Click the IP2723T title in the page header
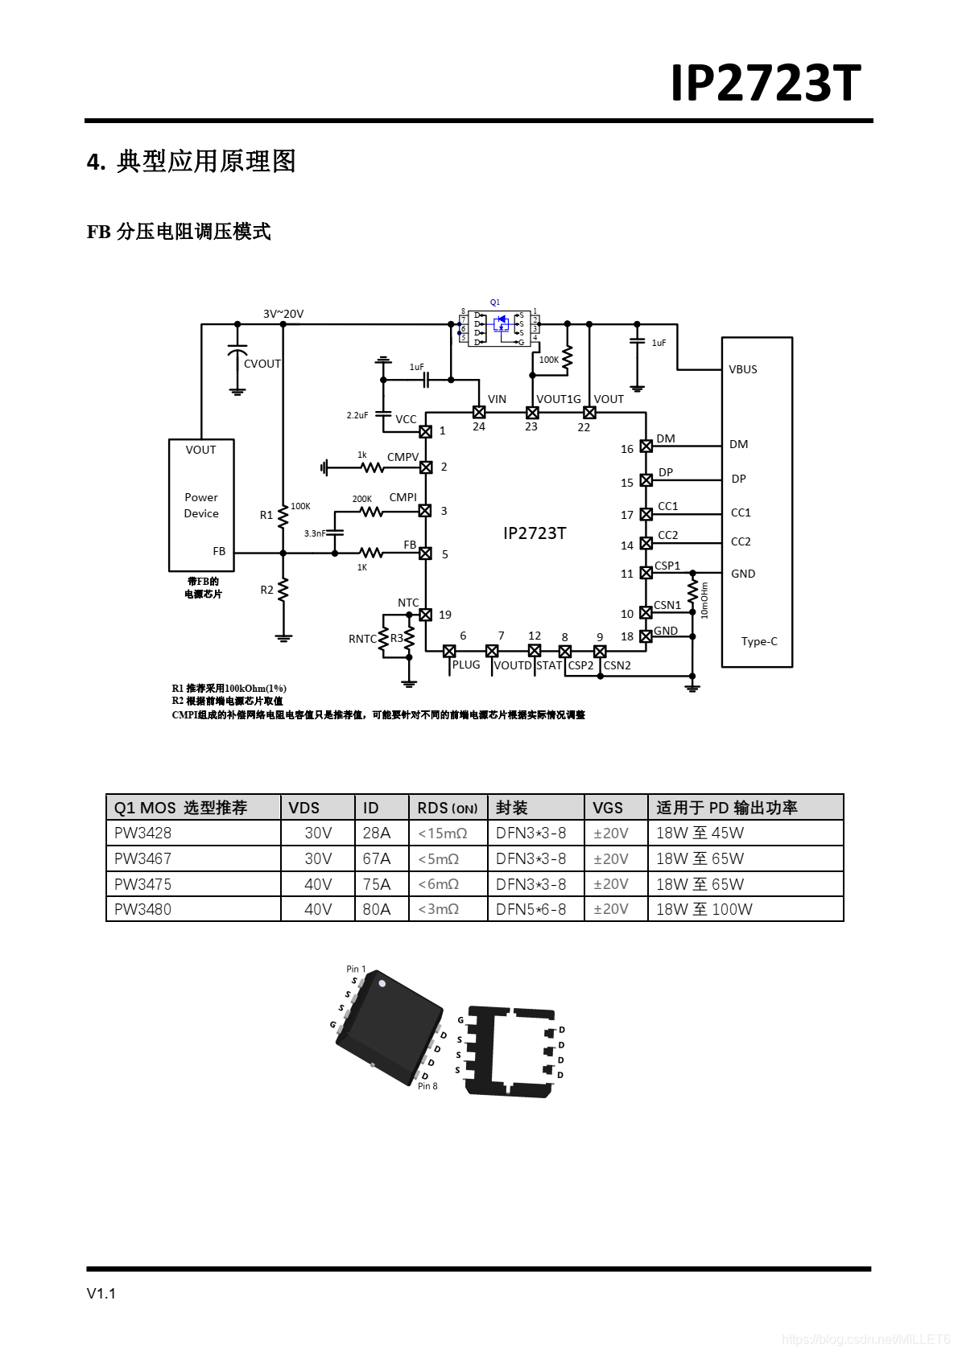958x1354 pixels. coord(765,83)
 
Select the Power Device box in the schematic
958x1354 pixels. coord(201,504)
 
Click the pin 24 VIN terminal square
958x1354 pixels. coord(479,412)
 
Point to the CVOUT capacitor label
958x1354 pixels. coord(262,364)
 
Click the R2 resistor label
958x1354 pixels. coord(266,590)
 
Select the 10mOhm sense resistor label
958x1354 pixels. coord(704,600)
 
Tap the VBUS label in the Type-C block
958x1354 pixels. coord(743,369)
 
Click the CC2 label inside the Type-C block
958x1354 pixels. coord(741,541)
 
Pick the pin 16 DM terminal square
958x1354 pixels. coord(646,447)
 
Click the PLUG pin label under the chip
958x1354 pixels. coord(466,665)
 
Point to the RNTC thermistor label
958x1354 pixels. coord(361,639)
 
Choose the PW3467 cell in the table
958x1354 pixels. coord(143,858)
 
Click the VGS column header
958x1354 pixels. coord(608,808)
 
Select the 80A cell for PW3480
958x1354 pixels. coord(377,909)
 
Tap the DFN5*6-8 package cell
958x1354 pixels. coord(531,909)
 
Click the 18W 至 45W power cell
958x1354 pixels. coord(700,833)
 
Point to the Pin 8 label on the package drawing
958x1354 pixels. coord(427,1086)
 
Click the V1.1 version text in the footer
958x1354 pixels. coord(101,1294)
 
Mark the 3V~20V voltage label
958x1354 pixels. coord(283,314)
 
